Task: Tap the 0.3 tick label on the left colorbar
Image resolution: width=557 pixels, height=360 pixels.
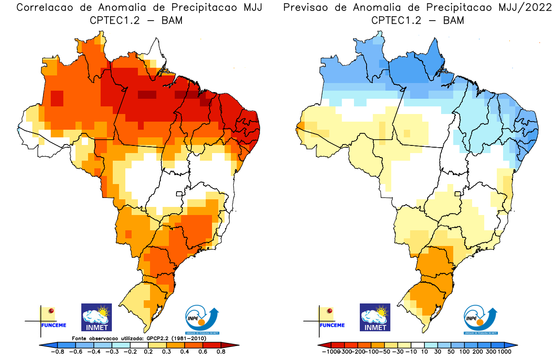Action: (x=166, y=351)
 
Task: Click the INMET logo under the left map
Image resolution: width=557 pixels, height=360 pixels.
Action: (x=96, y=317)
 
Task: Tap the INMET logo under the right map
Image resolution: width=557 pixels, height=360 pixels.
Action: (x=375, y=317)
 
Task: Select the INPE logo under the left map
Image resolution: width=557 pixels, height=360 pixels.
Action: (x=203, y=320)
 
